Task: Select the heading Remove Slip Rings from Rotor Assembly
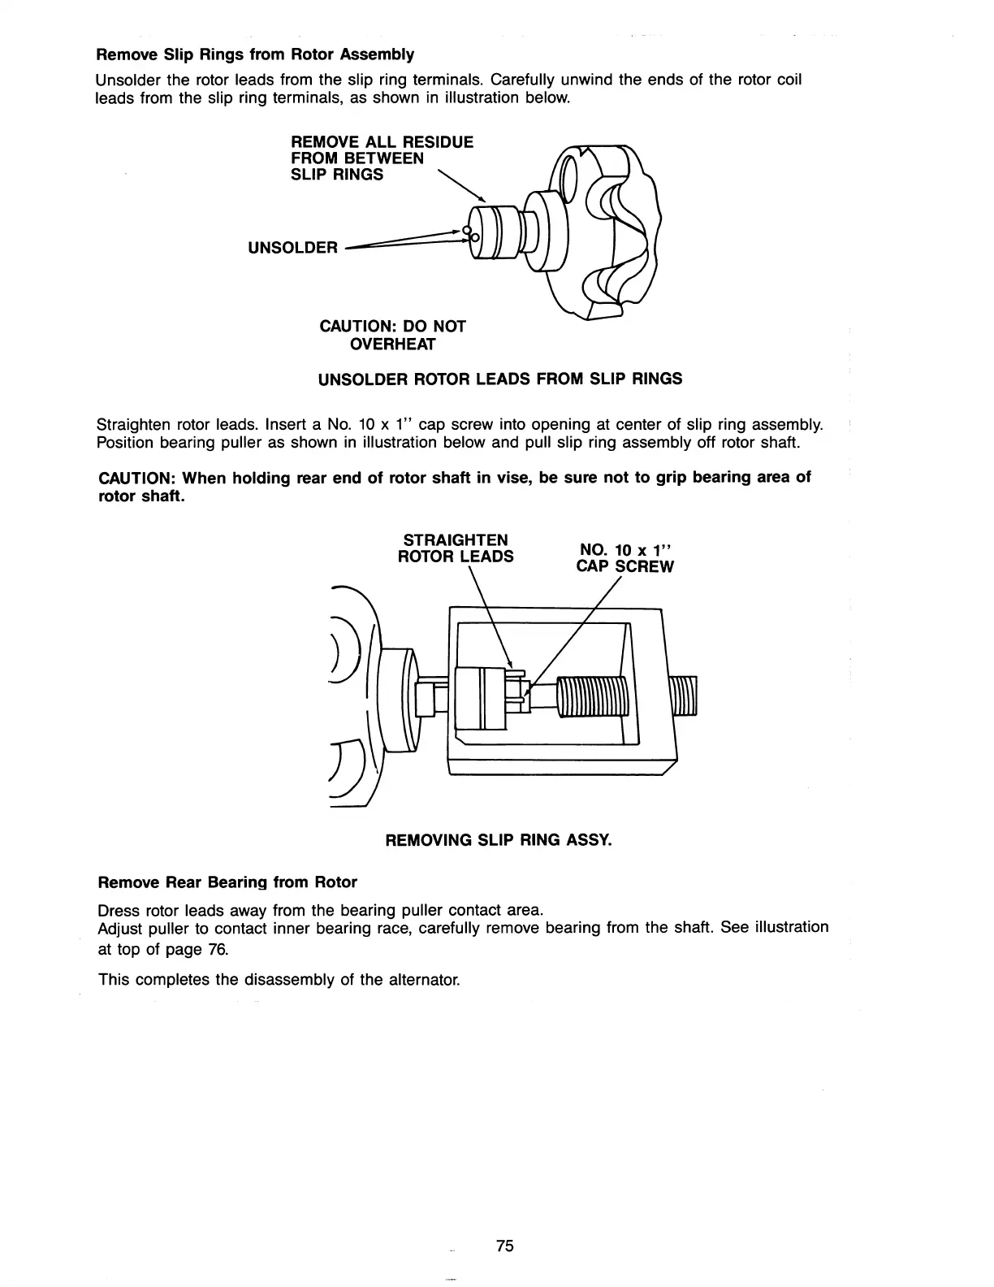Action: (255, 54)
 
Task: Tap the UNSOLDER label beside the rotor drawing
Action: (292, 247)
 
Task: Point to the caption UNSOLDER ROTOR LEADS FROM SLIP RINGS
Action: (499, 379)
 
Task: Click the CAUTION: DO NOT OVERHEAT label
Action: (393, 335)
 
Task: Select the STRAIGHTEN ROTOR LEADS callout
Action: (455, 548)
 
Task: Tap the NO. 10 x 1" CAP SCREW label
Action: (624, 557)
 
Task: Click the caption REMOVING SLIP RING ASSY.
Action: (498, 839)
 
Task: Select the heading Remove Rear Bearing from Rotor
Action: (227, 882)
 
